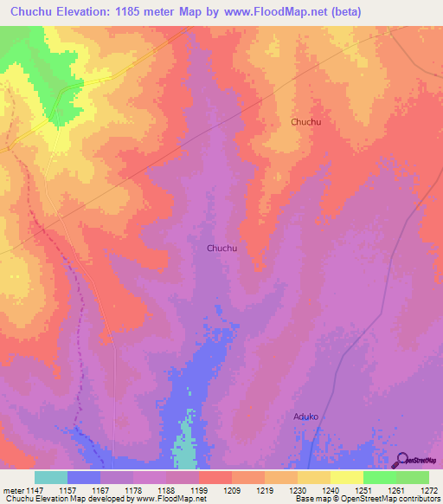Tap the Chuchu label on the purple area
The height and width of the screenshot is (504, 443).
tap(221, 249)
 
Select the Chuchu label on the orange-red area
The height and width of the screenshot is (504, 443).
tap(305, 122)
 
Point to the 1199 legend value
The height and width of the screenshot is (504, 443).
tap(197, 489)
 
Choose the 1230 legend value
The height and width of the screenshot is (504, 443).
tap(296, 489)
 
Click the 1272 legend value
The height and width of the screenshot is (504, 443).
tap(427, 489)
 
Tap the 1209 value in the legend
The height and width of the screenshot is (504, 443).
tap(230, 489)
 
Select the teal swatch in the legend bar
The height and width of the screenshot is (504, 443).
tap(50, 477)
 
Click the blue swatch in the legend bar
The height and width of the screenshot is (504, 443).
tap(83, 477)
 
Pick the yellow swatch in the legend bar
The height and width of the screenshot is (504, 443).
tap(346, 477)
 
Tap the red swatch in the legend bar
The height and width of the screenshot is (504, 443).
tap(215, 477)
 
